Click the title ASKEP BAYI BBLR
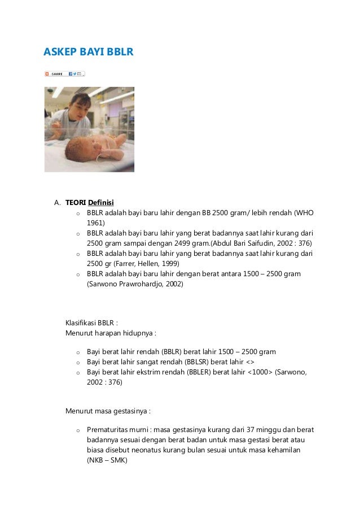(x=89, y=53)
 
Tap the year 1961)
(x=96, y=223)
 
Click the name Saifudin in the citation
(x=266, y=243)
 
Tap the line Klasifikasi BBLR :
(x=92, y=323)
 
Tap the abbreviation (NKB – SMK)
(x=107, y=460)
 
